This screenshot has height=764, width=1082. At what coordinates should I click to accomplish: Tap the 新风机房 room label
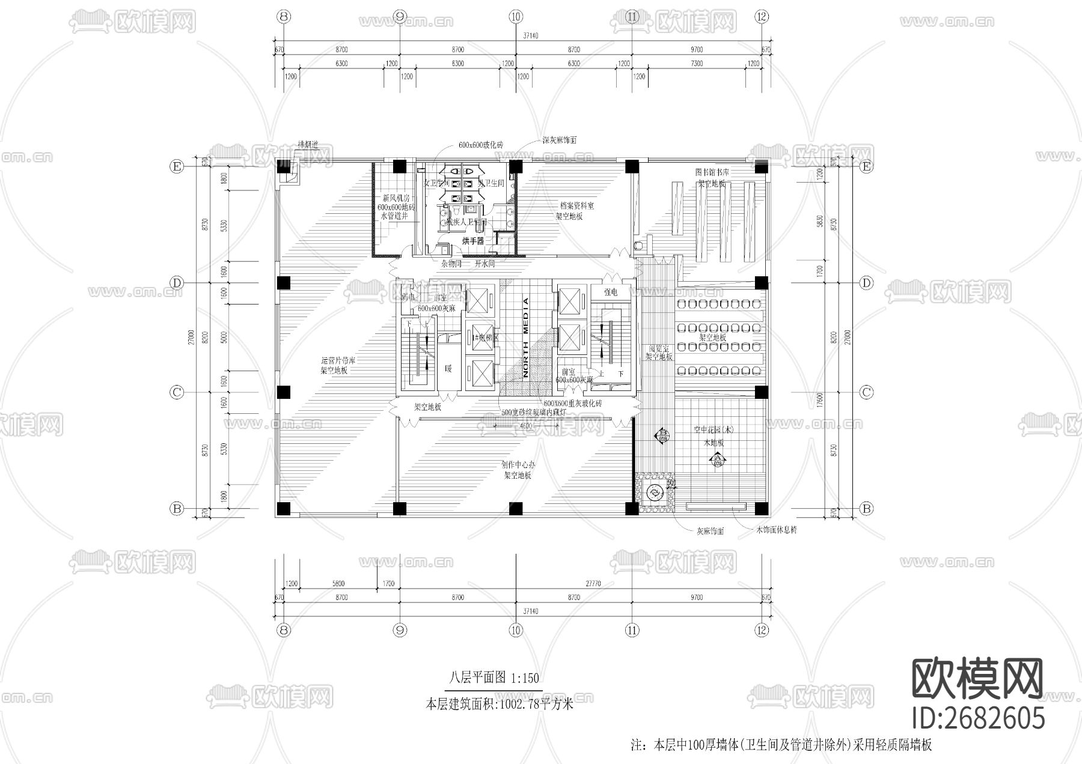pyautogui.click(x=396, y=198)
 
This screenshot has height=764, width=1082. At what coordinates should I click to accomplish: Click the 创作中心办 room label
pyautogui.click(x=518, y=464)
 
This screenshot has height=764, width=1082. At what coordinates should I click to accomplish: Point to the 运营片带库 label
pyautogui.click(x=338, y=361)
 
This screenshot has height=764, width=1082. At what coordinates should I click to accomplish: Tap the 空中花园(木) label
pyautogui.click(x=714, y=430)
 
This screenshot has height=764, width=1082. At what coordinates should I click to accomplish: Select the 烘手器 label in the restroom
pyautogui.click(x=473, y=241)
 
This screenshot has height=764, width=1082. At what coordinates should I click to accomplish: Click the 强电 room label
pyautogui.click(x=610, y=293)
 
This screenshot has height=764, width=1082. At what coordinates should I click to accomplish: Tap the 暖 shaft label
pyautogui.click(x=448, y=368)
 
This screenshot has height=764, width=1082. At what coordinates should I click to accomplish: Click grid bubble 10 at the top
pyautogui.click(x=515, y=17)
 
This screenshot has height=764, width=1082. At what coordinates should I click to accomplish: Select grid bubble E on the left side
pyautogui.click(x=176, y=167)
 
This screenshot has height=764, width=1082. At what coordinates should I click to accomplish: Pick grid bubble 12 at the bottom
pyautogui.click(x=762, y=630)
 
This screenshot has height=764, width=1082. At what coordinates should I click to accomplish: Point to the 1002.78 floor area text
pyautogui.click(x=499, y=703)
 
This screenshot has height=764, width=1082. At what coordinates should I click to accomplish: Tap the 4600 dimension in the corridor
pyautogui.click(x=525, y=425)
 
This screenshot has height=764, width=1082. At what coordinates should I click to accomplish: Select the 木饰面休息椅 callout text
pyautogui.click(x=776, y=530)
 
